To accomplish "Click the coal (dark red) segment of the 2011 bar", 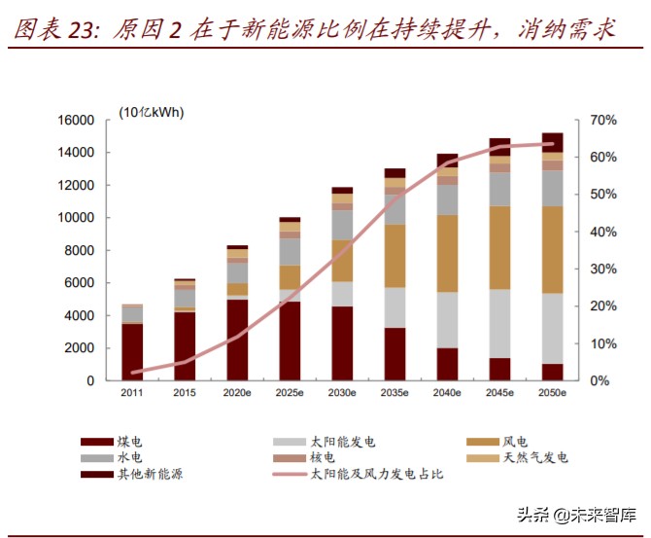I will coord(132,351).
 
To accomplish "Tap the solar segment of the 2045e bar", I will coord(499,323).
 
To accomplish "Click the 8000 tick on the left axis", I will coord(79,250).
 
